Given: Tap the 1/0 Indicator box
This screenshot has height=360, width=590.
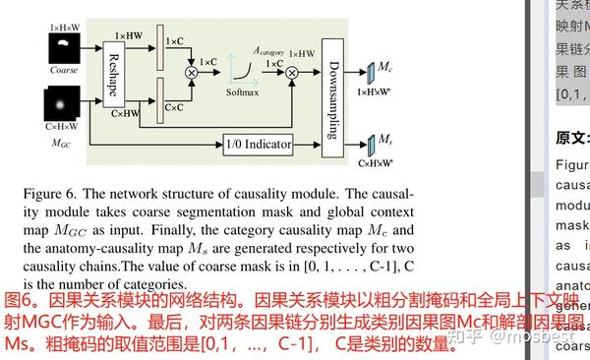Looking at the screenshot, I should [x=258, y=144].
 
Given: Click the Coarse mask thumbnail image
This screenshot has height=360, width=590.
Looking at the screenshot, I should [x=62, y=48].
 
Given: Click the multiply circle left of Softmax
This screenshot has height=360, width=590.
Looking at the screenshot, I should [x=192, y=71].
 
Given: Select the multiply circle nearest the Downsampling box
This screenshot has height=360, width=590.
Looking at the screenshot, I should [x=292, y=86].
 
